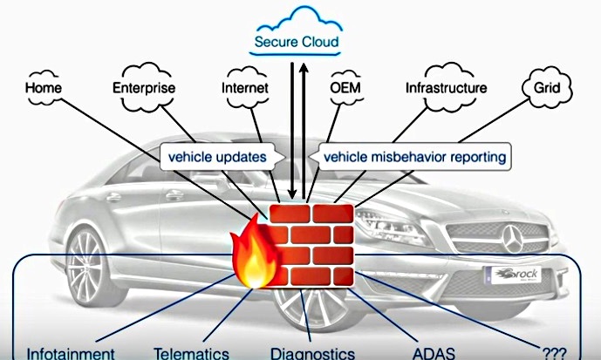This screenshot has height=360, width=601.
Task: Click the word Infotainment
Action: tap(71, 353)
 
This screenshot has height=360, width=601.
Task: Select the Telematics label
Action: tap(191, 353)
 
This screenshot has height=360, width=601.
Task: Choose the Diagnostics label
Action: tap(312, 353)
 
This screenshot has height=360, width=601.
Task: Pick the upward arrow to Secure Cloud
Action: tap(304, 131)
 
